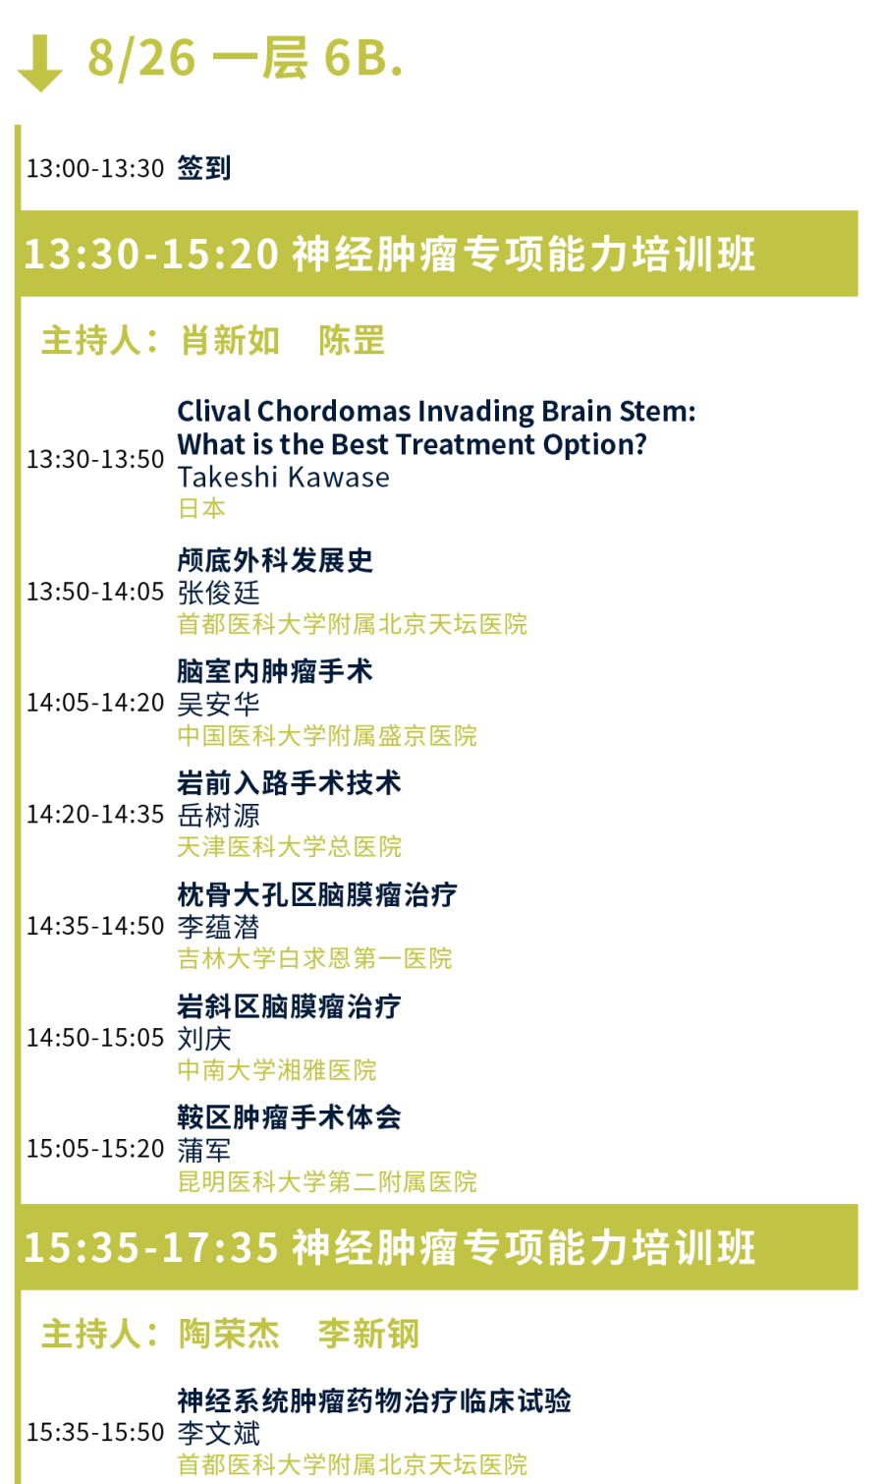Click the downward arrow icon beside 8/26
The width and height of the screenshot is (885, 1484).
click(39, 63)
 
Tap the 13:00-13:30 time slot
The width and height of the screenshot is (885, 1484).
click(94, 168)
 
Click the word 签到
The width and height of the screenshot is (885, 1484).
click(204, 168)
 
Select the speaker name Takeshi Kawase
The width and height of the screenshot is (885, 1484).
click(283, 477)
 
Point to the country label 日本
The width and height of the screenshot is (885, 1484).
click(202, 509)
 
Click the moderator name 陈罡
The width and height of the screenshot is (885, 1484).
click(352, 340)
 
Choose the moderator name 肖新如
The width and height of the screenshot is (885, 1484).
click(230, 340)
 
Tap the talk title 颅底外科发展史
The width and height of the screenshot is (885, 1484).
click(275, 560)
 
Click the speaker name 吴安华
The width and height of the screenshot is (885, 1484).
click(218, 704)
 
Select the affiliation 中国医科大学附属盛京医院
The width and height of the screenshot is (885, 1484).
click(327, 735)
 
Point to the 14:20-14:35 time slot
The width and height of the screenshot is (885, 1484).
click(94, 814)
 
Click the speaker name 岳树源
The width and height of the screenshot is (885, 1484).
click(218, 815)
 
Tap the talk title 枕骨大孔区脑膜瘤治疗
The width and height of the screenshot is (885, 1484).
click(317, 895)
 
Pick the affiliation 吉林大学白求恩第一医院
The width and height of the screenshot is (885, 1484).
click(314, 958)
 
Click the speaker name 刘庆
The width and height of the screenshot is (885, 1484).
click(204, 1038)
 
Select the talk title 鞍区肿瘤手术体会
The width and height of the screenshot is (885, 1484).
click(289, 1117)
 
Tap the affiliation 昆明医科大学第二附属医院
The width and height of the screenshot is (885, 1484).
click(327, 1181)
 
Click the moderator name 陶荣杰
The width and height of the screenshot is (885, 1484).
click(230, 1334)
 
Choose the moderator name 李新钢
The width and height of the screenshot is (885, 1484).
click(368, 1334)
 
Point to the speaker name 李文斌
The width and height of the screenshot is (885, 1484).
click(218, 1433)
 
